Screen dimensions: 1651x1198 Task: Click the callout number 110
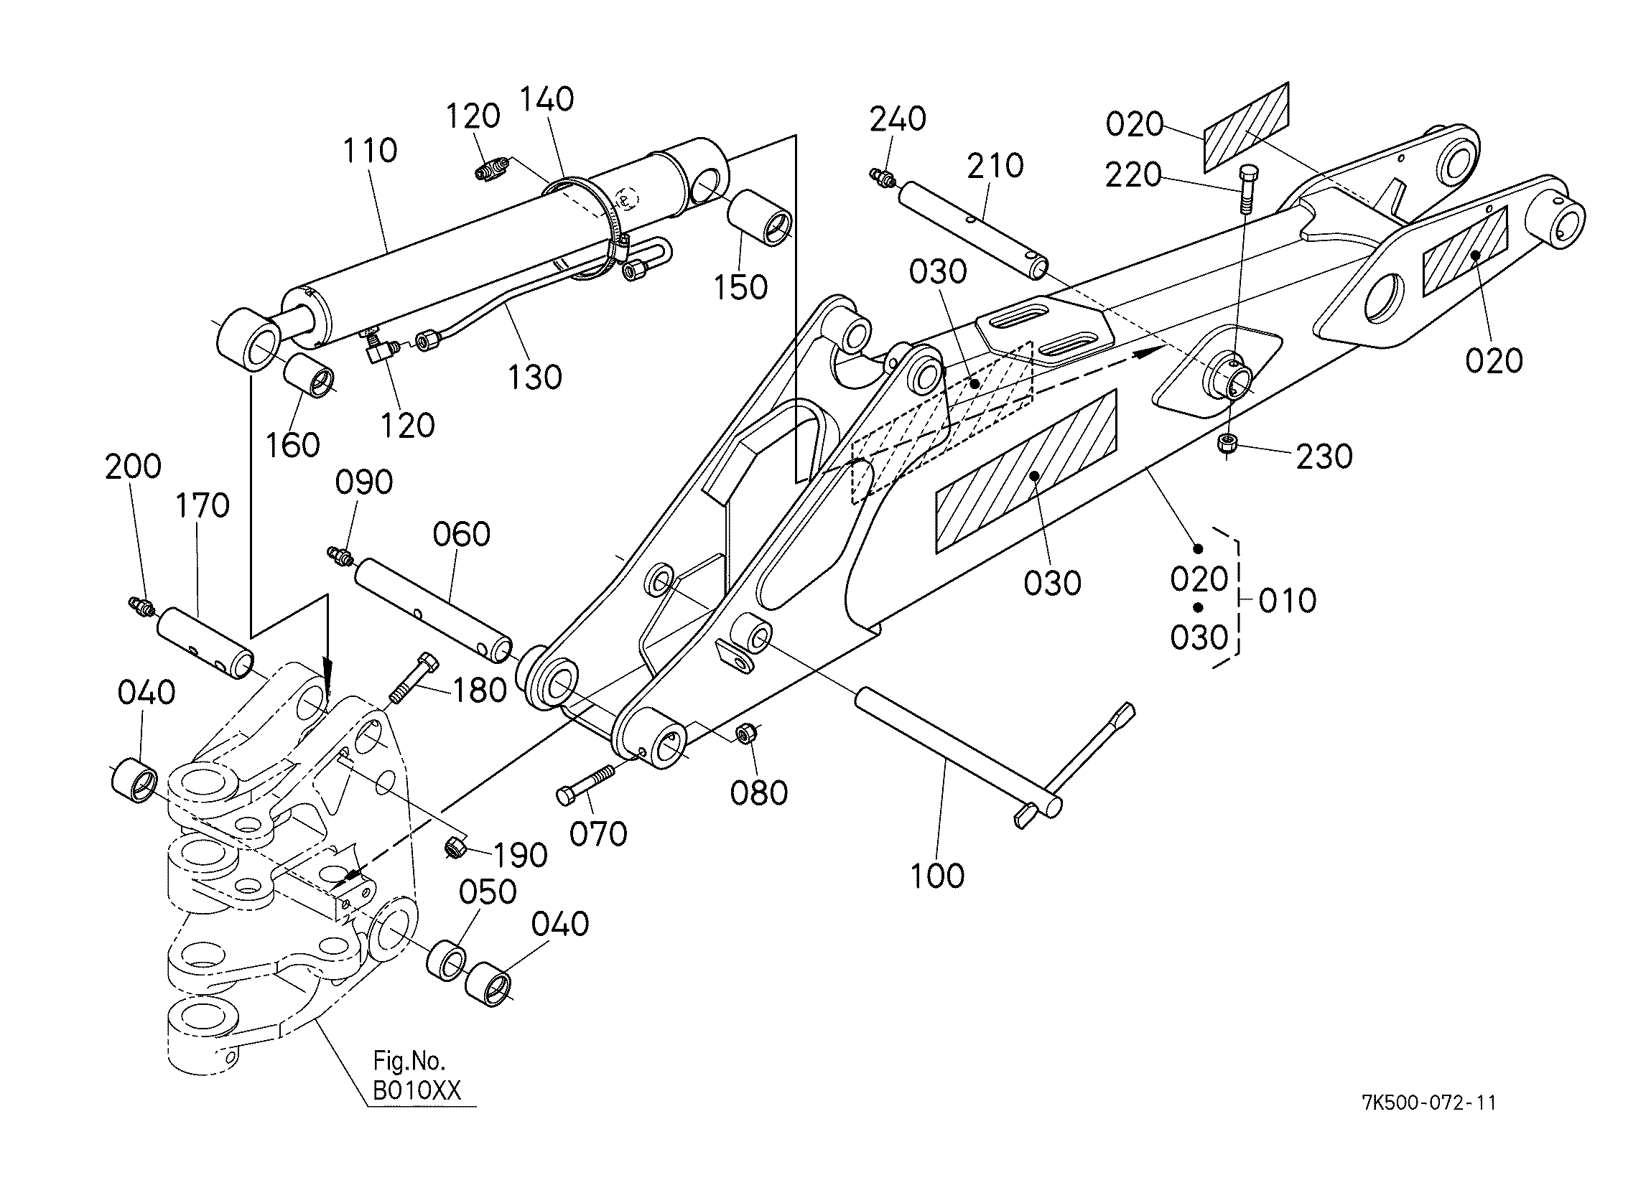click(x=370, y=151)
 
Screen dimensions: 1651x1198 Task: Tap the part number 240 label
click(x=898, y=118)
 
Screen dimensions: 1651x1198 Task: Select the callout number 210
click(x=995, y=166)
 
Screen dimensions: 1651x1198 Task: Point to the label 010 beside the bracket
click(x=1287, y=602)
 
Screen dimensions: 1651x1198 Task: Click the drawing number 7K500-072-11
click(x=1429, y=1103)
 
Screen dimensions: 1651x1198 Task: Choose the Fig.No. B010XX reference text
click(x=417, y=1076)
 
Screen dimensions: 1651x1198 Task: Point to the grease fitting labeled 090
click(x=340, y=556)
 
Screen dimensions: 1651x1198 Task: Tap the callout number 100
click(x=938, y=876)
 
